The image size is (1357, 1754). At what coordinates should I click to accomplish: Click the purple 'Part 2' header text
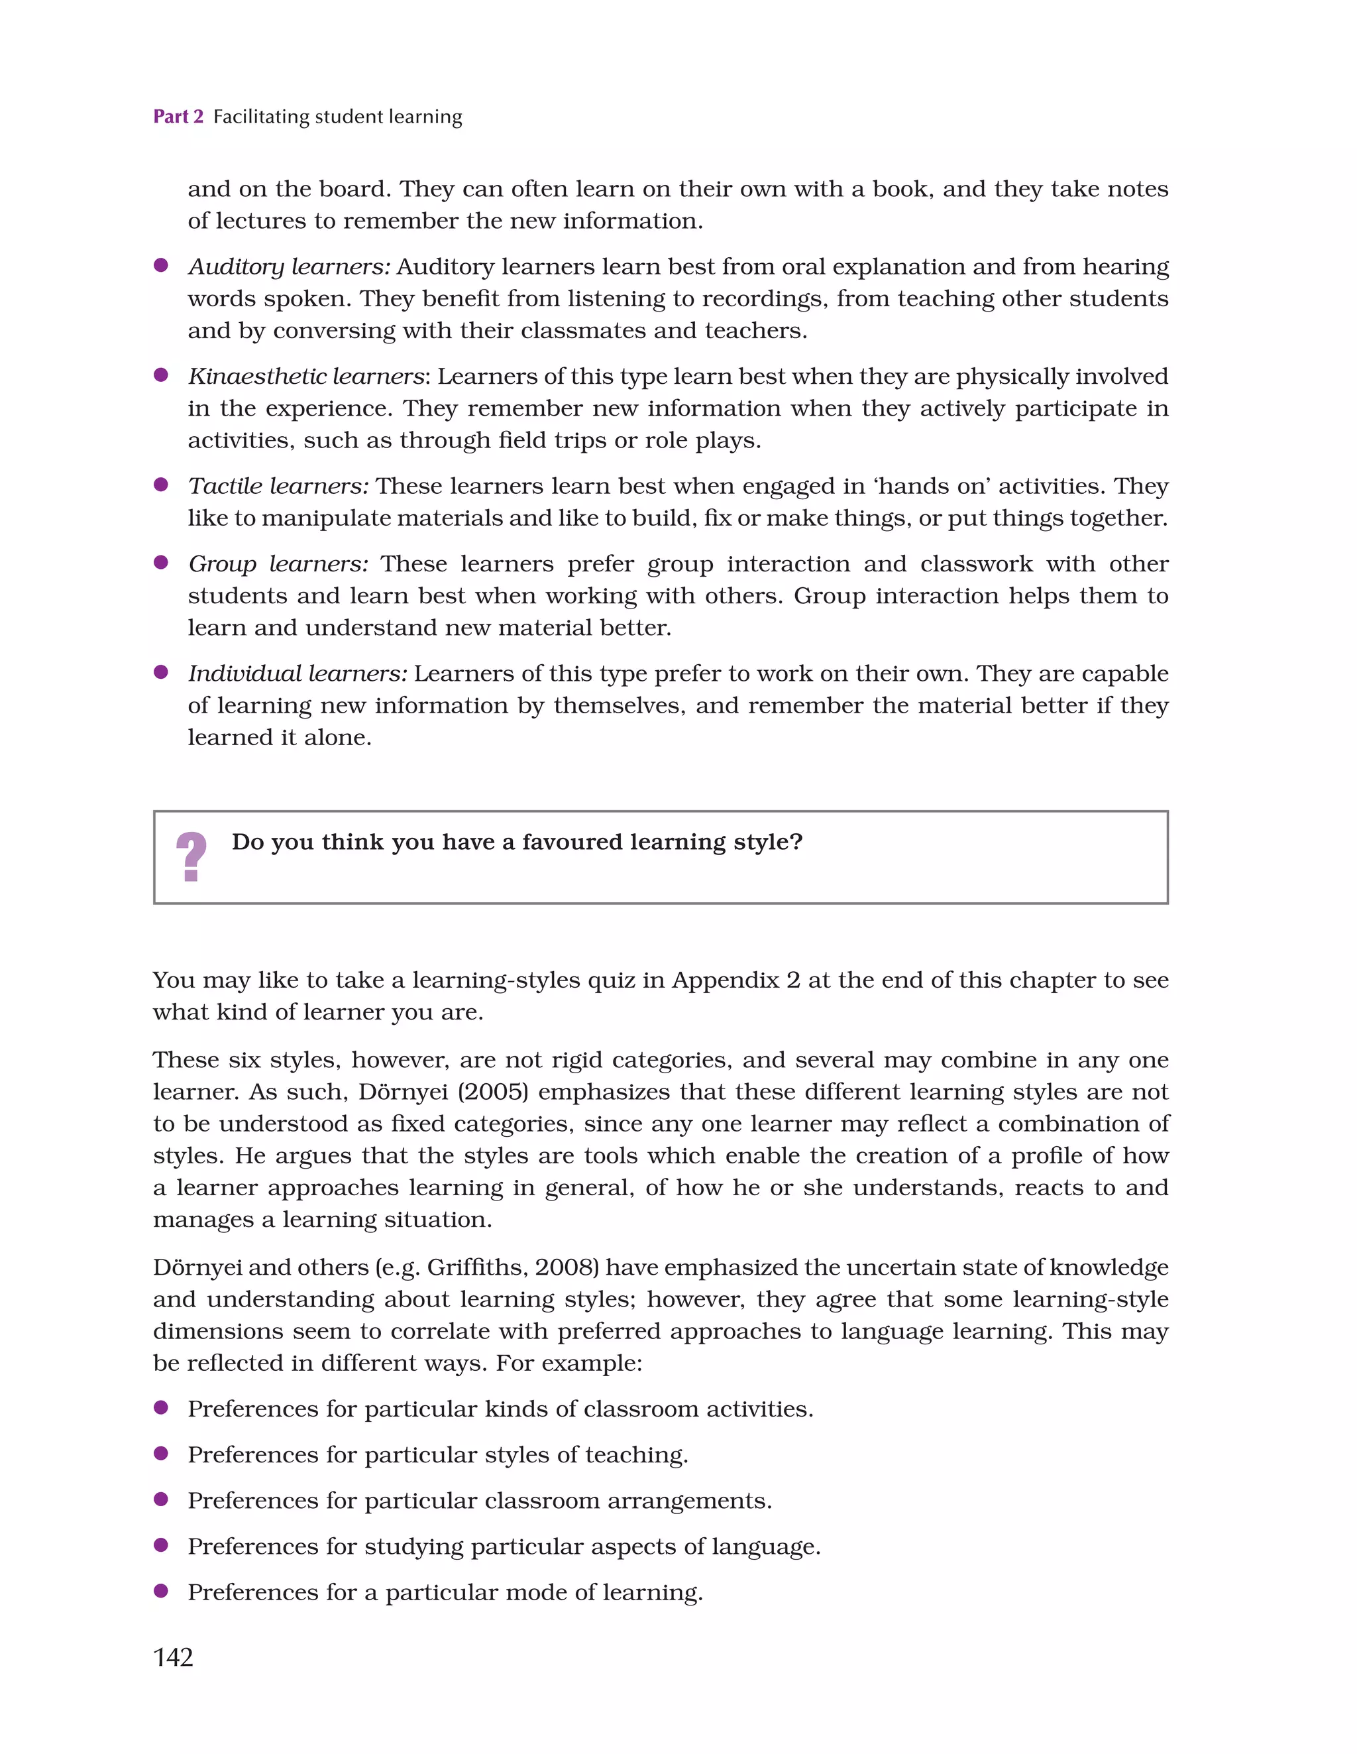click(178, 117)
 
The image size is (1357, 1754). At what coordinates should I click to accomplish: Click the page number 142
click(174, 1657)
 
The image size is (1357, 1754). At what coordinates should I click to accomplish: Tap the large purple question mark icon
click(191, 857)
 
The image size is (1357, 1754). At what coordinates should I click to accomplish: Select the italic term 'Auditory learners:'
click(289, 266)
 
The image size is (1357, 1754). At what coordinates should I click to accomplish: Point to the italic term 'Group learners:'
click(278, 563)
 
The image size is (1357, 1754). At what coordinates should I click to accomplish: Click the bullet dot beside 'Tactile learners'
click(160, 485)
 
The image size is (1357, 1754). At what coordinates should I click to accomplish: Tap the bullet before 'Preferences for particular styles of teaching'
click(160, 1453)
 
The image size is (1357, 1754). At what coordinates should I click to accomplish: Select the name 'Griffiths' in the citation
click(475, 1267)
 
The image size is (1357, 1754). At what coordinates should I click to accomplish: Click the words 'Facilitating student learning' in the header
click(337, 117)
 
